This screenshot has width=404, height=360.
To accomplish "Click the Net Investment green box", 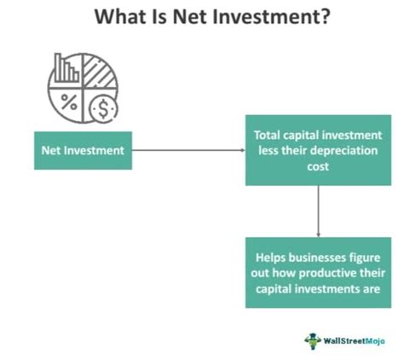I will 83,150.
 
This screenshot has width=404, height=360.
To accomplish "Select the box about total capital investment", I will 318,150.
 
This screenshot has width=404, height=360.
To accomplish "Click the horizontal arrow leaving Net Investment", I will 188,151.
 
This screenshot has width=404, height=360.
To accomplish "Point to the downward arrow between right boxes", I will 318,209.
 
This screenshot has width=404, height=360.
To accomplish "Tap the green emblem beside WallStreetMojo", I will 312,340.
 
